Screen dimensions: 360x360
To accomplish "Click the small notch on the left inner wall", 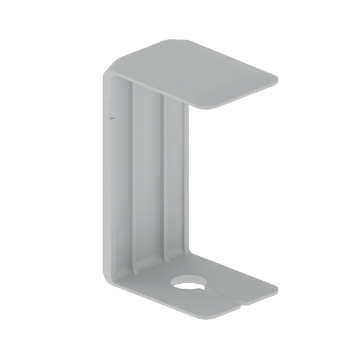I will click(112, 114).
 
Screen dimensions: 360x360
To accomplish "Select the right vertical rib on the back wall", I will click(163, 180).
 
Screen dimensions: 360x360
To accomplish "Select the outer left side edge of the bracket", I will click(104, 180).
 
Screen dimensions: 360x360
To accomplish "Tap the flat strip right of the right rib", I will click(176, 180).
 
